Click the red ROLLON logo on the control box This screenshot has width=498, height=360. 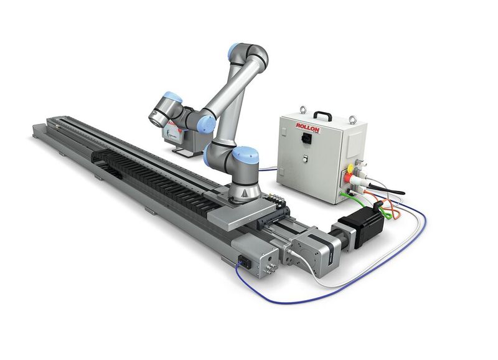coord(309,128)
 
